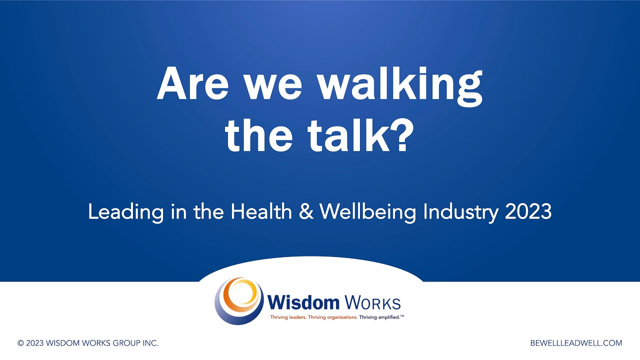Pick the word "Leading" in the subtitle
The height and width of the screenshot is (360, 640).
(x=125, y=212)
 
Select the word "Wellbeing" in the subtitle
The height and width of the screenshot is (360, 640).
(x=368, y=212)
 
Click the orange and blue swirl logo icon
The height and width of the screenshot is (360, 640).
(x=239, y=300)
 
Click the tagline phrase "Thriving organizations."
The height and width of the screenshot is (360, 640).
(x=333, y=317)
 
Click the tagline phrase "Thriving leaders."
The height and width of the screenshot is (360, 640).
(x=288, y=317)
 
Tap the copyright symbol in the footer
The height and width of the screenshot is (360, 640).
(x=20, y=343)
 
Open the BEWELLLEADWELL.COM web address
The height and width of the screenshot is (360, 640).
(x=576, y=343)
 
